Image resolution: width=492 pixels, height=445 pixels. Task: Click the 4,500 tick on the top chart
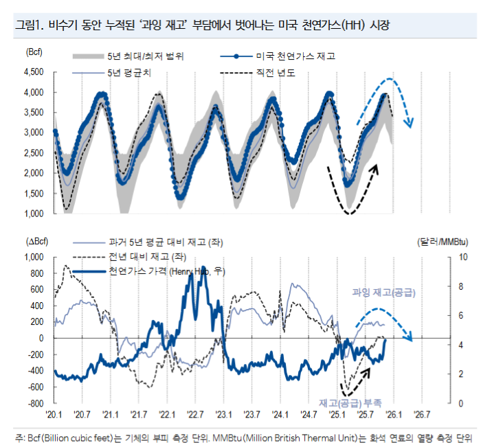[x=33, y=71]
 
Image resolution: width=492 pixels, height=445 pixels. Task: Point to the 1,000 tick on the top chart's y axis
[x=33, y=213]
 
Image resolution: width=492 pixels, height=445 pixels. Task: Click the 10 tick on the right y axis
[x=461, y=257]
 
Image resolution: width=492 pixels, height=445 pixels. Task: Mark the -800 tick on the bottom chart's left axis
[x=34, y=403]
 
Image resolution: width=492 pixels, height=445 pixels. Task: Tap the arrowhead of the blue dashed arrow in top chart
[x=410, y=124]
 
